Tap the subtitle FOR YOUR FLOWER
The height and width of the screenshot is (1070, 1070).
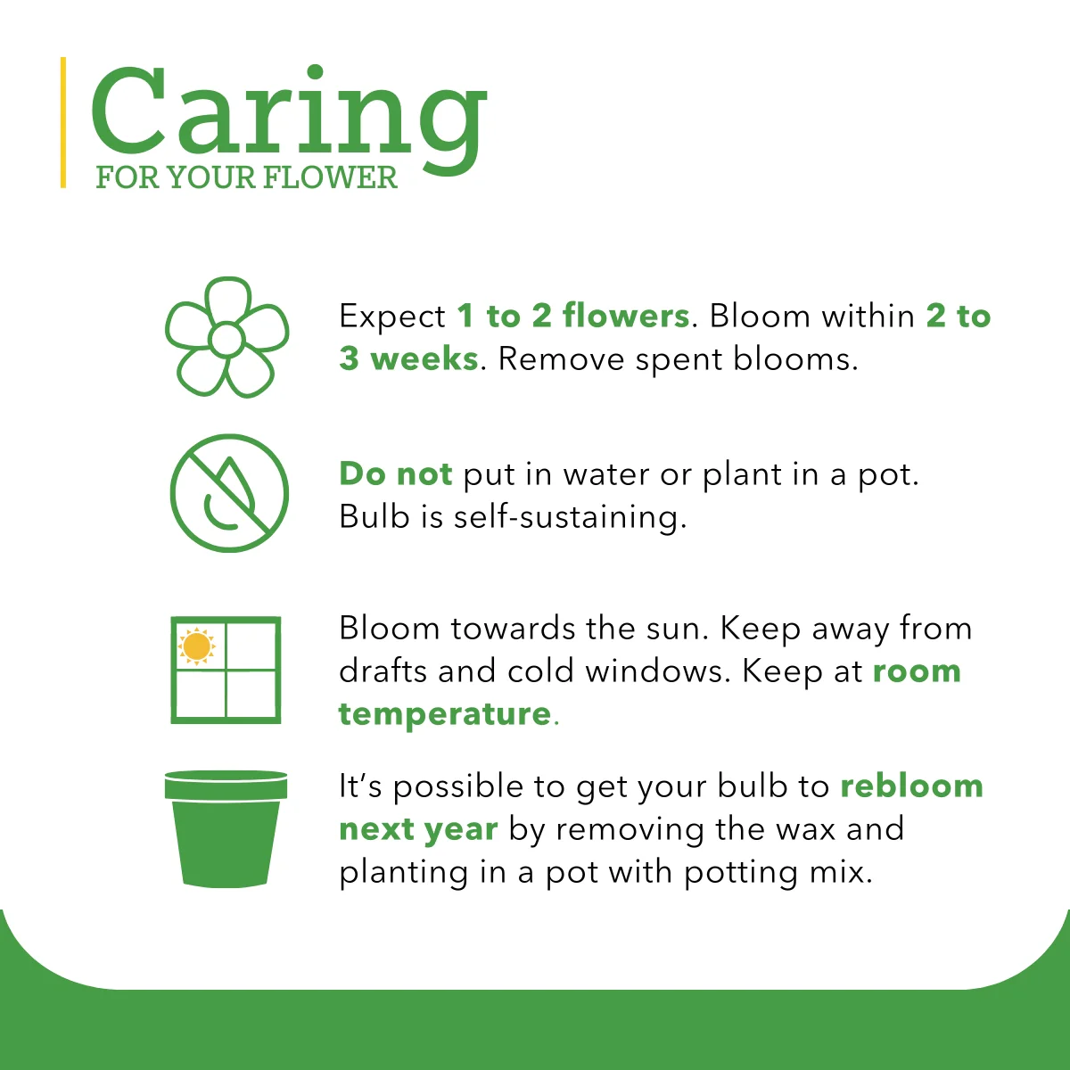coord(246,177)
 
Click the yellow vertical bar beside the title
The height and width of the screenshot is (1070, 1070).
coord(63,122)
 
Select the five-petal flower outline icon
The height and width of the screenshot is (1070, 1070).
coord(227,337)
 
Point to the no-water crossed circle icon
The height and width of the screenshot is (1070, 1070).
coord(229,493)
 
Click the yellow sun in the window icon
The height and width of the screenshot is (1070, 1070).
coord(196,646)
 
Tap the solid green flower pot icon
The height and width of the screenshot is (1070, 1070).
coord(226,829)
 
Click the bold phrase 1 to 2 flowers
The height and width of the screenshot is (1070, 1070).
coord(573,316)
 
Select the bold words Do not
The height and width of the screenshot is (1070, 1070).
coord(396,473)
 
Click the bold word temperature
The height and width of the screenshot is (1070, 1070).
coord(445,713)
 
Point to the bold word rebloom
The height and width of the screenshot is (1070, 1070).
coord(912,786)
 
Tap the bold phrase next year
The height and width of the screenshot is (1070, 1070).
coord(418,830)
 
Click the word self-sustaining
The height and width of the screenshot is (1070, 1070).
coord(566,517)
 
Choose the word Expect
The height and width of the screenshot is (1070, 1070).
coord(392,317)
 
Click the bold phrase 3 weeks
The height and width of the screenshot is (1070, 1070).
coord(408,358)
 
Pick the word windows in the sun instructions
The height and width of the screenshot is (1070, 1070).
coord(654,671)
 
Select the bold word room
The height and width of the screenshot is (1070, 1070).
coord(917,672)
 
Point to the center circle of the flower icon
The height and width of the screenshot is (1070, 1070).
coord(226,339)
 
